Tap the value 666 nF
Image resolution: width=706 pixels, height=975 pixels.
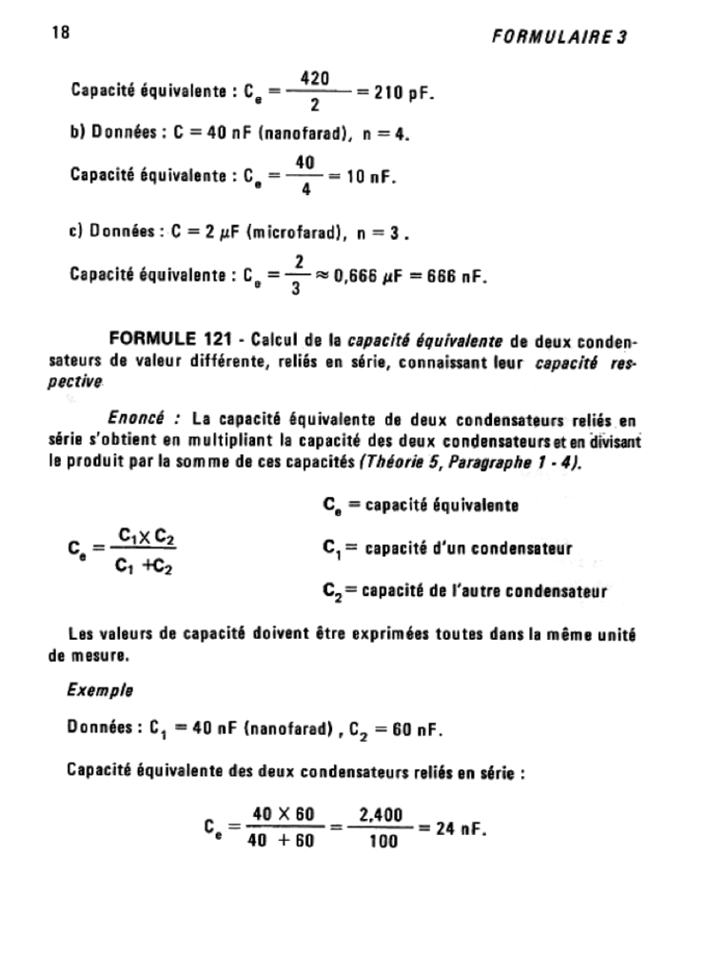coord(456,277)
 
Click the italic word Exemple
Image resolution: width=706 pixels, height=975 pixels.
coord(100,690)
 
